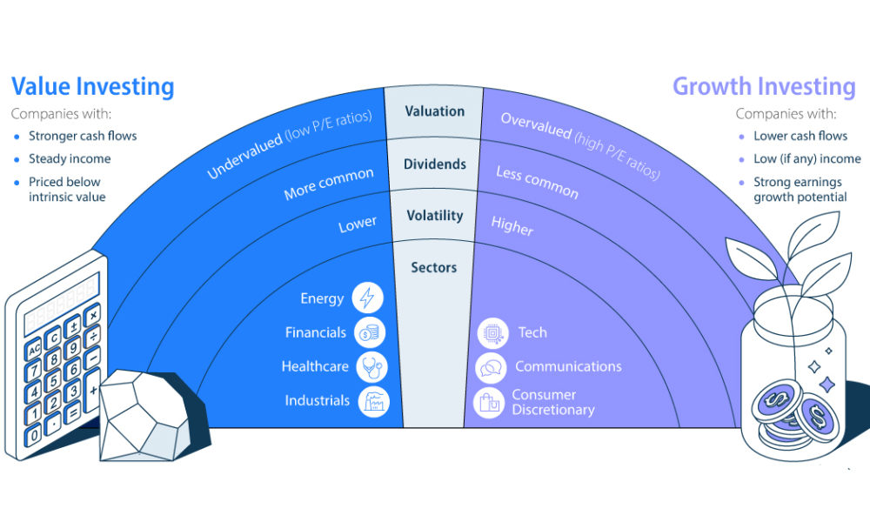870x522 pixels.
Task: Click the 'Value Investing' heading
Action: [x=92, y=87]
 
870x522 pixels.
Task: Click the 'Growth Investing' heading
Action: [x=764, y=87]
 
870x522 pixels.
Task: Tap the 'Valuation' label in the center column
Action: [x=434, y=111]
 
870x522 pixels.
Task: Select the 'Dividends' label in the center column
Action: [x=434, y=164]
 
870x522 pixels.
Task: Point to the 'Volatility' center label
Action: [x=434, y=216]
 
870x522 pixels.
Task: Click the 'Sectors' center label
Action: [x=434, y=267]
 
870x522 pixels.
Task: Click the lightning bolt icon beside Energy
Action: [x=367, y=298]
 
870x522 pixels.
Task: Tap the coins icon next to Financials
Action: [x=371, y=332]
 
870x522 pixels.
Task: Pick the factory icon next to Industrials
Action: [x=374, y=400]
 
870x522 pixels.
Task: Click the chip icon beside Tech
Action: [x=493, y=332]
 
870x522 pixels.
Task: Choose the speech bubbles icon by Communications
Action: [x=491, y=367]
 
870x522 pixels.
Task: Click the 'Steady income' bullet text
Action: [x=69, y=158]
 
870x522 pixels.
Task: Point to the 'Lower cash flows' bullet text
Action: [x=800, y=136]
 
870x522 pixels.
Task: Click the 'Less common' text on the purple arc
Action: [x=537, y=182]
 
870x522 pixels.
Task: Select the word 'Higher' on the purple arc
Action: [x=512, y=225]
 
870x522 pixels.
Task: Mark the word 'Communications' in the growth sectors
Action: [x=568, y=366]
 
